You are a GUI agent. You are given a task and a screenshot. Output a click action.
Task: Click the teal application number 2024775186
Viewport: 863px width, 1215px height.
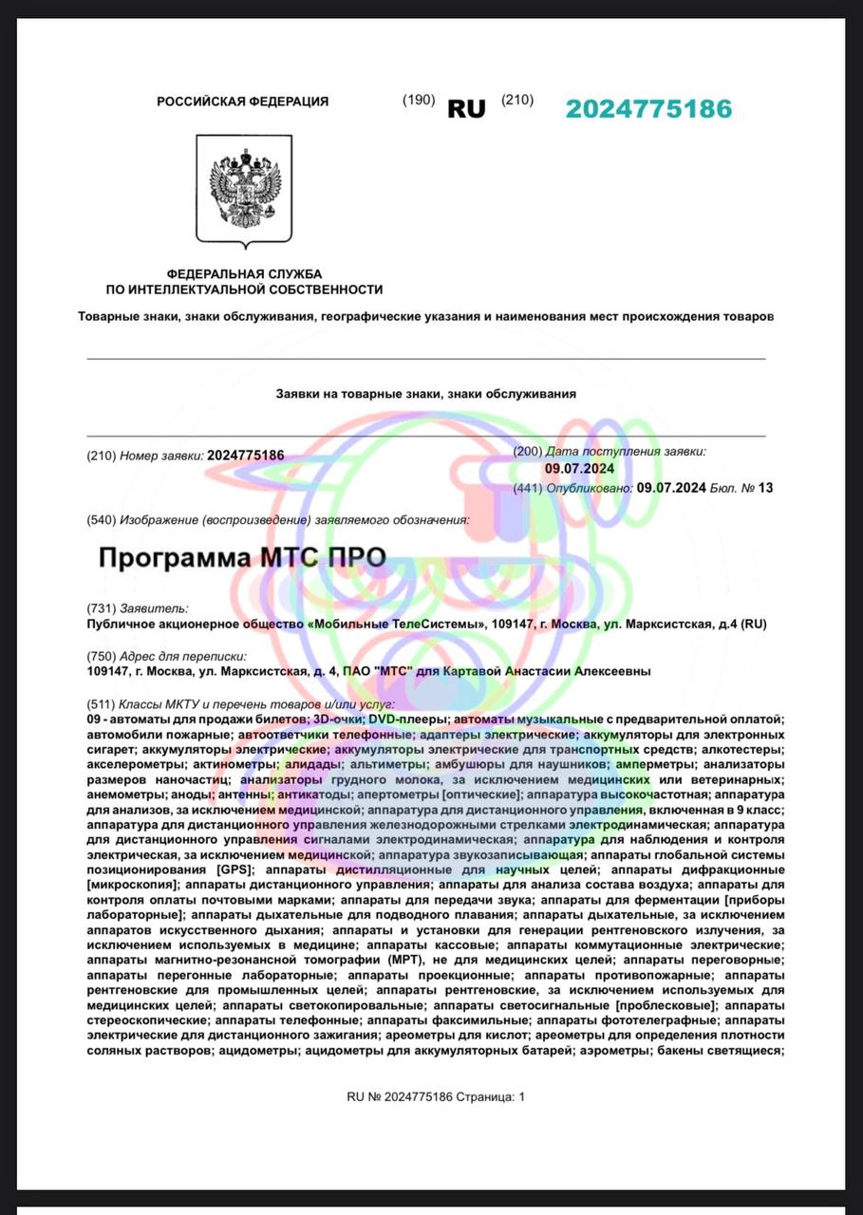coord(648,108)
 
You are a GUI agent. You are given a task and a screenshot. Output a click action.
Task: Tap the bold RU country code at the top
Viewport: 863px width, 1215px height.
coord(466,109)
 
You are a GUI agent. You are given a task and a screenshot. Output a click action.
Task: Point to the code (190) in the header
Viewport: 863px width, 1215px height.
coord(419,101)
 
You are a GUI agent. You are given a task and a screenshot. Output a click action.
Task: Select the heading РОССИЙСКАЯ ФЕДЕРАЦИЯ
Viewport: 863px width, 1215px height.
coord(243,102)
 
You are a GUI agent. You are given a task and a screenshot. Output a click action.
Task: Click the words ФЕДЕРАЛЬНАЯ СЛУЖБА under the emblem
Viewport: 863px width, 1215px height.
coord(245,273)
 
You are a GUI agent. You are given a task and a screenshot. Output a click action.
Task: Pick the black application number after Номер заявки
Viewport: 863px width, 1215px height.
coord(245,456)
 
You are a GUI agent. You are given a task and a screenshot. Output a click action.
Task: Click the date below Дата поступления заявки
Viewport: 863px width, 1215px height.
coord(579,469)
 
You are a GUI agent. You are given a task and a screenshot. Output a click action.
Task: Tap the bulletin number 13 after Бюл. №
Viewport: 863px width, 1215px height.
coord(765,488)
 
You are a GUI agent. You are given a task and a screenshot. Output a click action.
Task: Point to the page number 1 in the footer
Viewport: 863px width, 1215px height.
coord(520,1097)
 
